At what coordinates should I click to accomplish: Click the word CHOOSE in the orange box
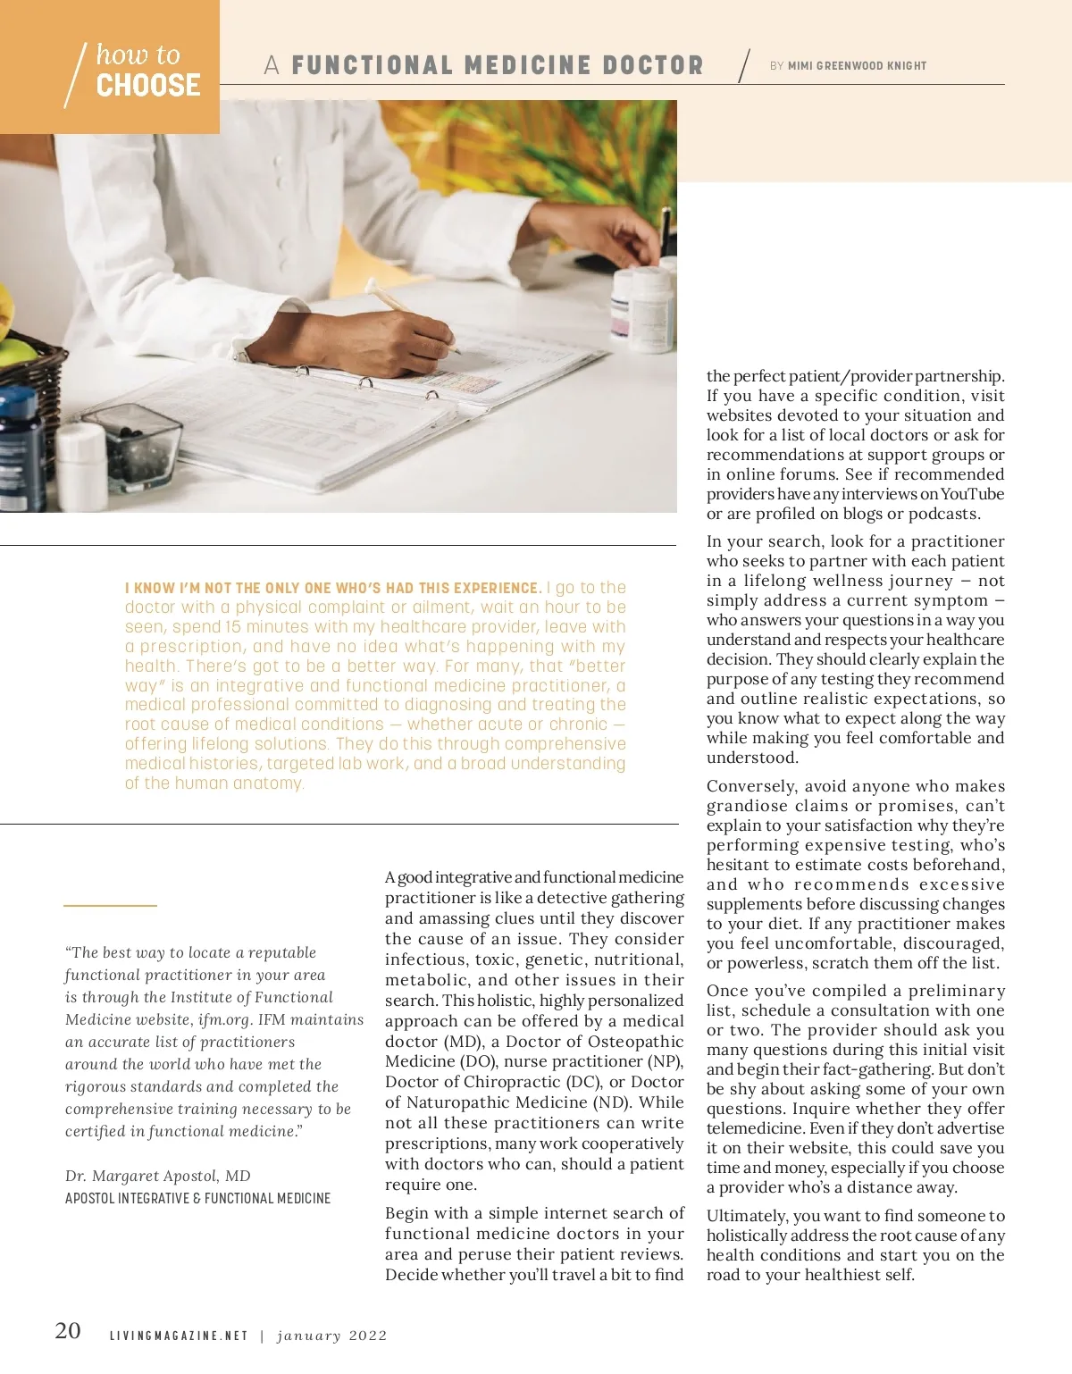tap(148, 86)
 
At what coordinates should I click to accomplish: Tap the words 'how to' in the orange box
tap(138, 54)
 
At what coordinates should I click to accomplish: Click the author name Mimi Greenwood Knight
tap(857, 66)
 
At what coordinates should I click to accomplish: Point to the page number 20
tap(68, 1331)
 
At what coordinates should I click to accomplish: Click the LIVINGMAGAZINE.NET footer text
tap(179, 1336)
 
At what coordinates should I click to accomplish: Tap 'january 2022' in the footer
tap(332, 1336)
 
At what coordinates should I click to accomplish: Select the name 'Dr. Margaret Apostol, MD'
tap(158, 1176)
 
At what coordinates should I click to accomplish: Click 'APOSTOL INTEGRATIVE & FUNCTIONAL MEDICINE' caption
tap(197, 1198)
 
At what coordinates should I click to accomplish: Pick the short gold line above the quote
tap(110, 906)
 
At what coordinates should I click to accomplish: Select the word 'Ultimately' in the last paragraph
tap(746, 1216)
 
